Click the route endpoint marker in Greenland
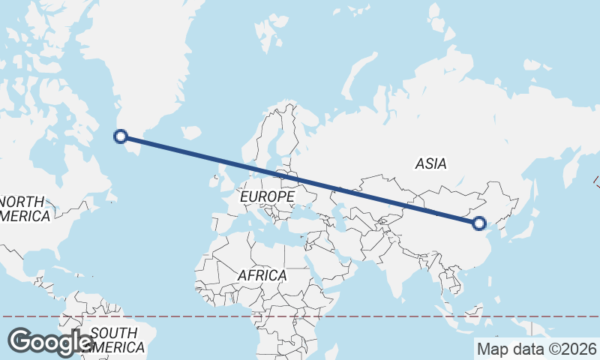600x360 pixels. [x=120, y=136]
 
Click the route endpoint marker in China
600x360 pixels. [x=479, y=223]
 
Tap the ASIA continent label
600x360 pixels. [x=430, y=163]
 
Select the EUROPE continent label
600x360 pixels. [x=267, y=196]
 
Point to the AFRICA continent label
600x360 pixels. [x=262, y=275]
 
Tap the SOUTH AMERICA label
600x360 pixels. [x=112, y=340]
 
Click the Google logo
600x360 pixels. [x=51, y=342]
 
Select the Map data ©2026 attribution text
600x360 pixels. [x=537, y=349]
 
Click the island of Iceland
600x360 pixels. [x=191, y=133]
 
